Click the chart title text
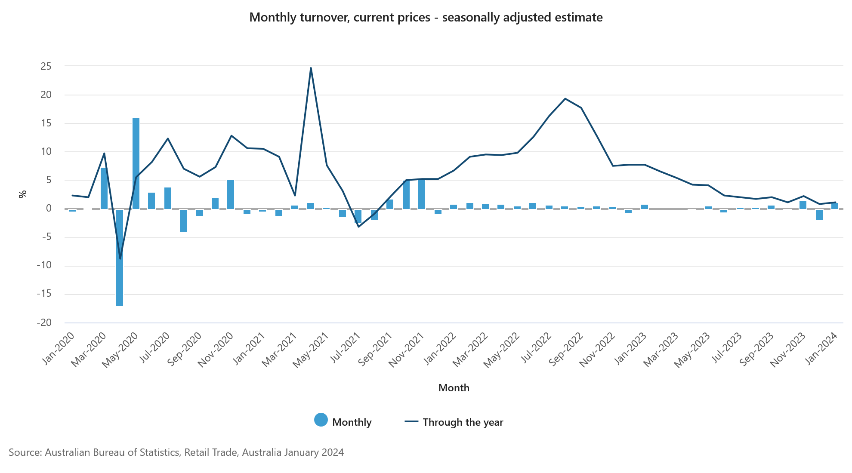click(426, 18)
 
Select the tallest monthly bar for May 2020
click(136, 163)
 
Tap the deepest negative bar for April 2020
click(120, 258)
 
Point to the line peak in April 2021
click(311, 68)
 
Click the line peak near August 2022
click(565, 99)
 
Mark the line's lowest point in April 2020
click(120, 258)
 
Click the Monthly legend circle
click(321, 420)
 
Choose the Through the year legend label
click(463, 422)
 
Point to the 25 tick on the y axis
click(46, 66)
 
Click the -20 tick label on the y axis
click(44, 322)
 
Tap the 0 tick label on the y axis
click(49, 209)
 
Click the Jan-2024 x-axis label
click(821, 349)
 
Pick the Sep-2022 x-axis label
click(566, 349)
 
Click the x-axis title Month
click(454, 388)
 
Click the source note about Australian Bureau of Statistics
click(176, 452)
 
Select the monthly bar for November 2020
click(231, 194)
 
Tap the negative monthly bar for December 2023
click(819, 215)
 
